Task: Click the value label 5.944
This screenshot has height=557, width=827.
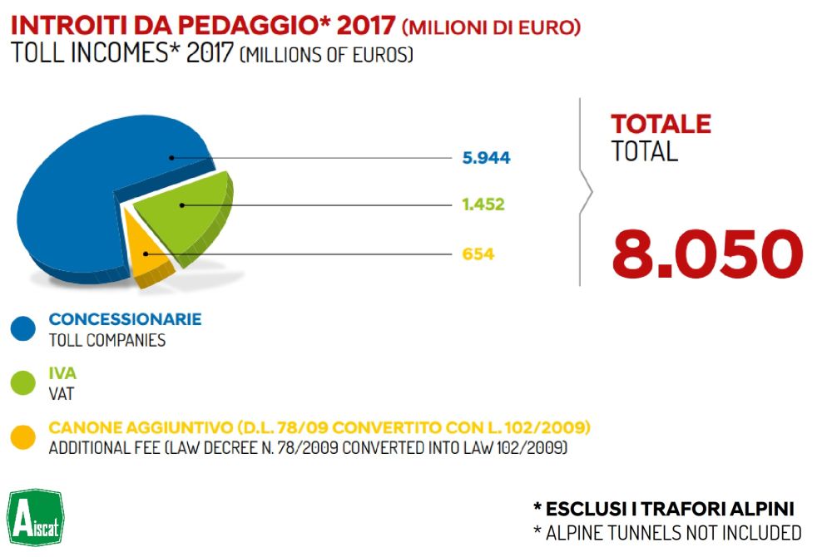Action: point(487,158)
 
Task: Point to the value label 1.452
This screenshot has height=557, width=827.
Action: point(483,205)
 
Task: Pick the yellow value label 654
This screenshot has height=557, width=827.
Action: point(478,254)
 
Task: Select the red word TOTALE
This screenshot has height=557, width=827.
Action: point(661,125)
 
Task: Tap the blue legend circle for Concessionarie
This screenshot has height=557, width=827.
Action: point(22,329)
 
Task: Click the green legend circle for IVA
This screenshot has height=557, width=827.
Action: point(22,383)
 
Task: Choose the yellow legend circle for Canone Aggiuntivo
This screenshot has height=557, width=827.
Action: point(22,437)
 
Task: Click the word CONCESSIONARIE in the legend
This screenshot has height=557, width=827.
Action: point(125,319)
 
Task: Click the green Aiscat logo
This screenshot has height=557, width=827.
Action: point(34,516)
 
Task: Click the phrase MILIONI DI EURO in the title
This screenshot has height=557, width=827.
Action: point(491,27)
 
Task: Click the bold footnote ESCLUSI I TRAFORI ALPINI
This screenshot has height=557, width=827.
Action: point(663,509)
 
